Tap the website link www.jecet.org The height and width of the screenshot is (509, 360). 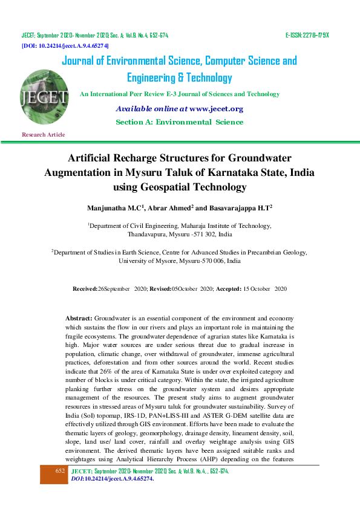(x=216, y=109)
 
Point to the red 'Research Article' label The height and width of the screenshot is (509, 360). (x=43, y=134)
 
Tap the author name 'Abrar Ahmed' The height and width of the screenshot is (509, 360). (x=171, y=207)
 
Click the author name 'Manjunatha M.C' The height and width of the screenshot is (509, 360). (x=116, y=207)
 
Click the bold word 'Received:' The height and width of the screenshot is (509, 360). (x=85, y=290)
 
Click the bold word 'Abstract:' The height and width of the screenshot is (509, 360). (x=79, y=318)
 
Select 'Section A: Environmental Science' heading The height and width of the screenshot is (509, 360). (x=179, y=122)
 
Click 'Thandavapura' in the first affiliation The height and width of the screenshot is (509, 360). (x=147, y=233)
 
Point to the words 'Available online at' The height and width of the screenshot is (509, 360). (x=151, y=109)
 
